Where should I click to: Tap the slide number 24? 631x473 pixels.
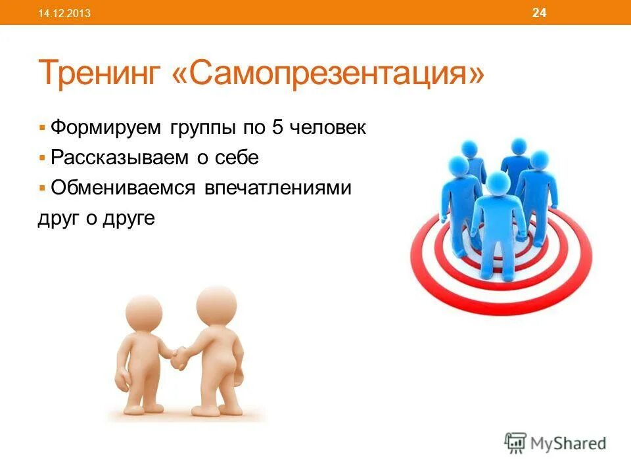tap(539, 12)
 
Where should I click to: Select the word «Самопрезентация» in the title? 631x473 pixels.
tap(327, 74)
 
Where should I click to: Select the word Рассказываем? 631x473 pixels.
tap(121, 158)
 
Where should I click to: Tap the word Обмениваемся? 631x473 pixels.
tap(124, 189)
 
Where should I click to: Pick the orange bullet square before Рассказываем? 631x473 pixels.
tap(42, 158)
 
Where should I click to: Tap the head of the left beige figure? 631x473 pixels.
tap(143, 313)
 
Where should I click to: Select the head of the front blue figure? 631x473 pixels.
tap(497, 183)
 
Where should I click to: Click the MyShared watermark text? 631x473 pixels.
tap(569, 443)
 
